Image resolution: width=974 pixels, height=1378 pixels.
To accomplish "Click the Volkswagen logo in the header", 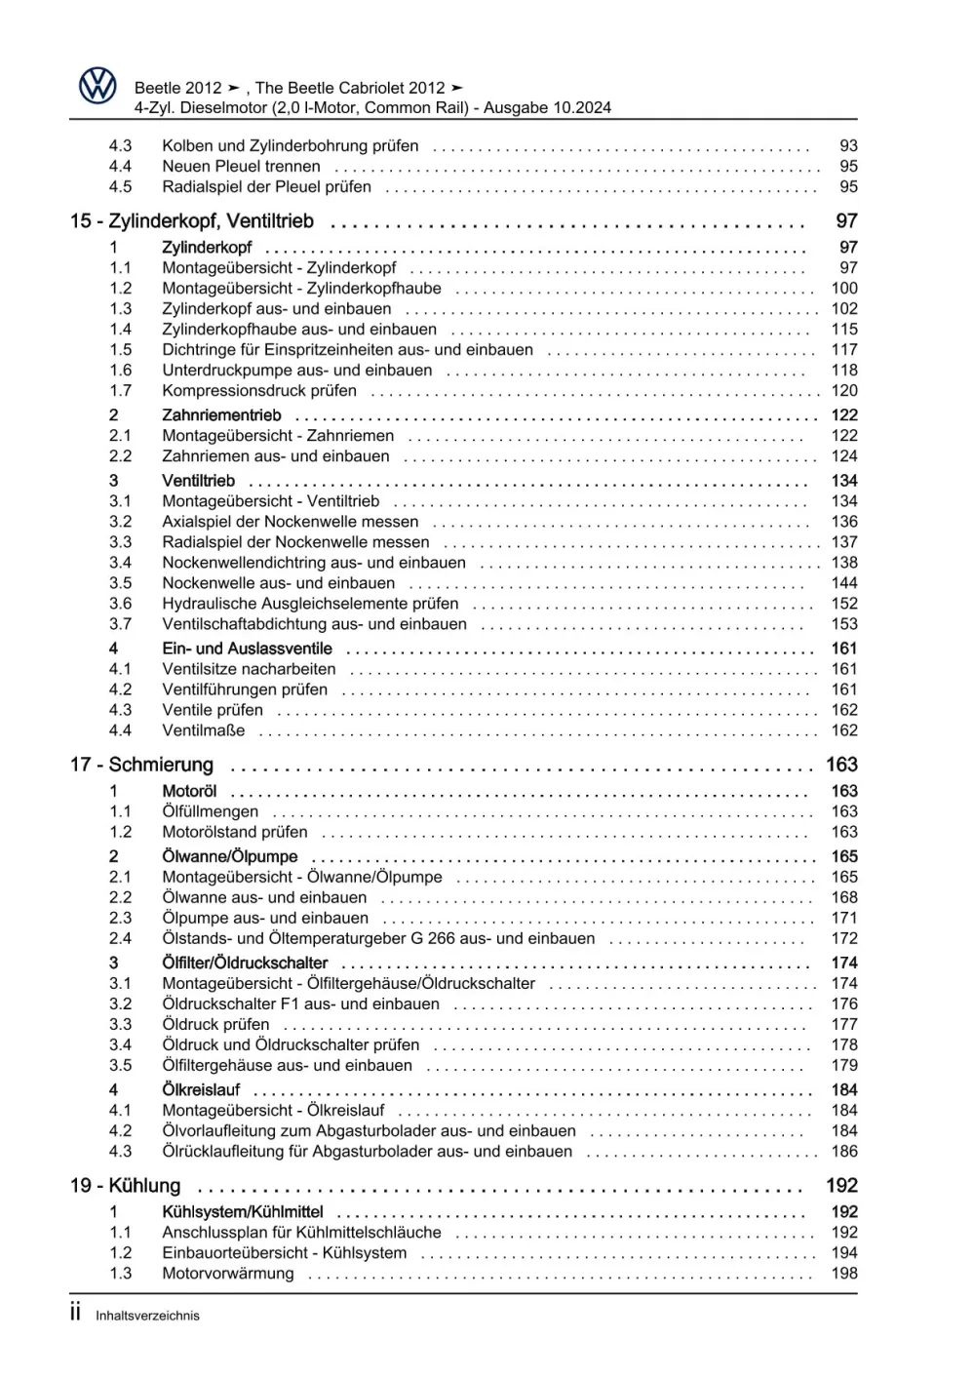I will (x=97, y=86).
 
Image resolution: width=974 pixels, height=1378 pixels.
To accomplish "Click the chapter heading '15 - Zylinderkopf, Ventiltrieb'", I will (x=192, y=221).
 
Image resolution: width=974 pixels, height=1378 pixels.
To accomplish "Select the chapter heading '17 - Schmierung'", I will (x=141, y=765).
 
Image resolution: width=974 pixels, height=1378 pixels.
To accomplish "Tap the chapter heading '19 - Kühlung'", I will (x=126, y=1186).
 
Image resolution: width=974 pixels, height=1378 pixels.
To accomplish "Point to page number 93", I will (x=848, y=145).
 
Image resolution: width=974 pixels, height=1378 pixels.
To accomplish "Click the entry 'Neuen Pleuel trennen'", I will (x=241, y=166).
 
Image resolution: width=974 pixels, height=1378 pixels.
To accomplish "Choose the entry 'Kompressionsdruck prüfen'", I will (x=259, y=390).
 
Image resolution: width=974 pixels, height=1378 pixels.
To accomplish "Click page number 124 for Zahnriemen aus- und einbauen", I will (x=844, y=455).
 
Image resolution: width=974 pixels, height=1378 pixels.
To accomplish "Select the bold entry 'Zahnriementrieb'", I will (x=221, y=414).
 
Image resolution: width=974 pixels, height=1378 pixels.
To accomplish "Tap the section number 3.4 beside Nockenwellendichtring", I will (x=120, y=562).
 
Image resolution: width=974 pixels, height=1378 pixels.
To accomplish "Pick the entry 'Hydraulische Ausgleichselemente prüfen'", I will (x=310, y=603).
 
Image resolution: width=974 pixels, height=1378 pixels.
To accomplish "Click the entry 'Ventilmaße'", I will (x=204, y=729).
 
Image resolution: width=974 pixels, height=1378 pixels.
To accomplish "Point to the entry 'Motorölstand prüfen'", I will (x=235, y=832).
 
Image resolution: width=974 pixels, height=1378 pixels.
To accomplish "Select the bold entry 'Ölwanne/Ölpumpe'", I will (x=230, y=856).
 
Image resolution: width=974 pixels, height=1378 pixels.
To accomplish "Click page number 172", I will (x=844, y=938).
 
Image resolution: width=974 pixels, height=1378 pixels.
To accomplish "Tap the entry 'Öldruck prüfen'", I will (x=215, y=1024).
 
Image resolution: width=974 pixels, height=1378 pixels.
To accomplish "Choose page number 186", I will (x=844, y=1151).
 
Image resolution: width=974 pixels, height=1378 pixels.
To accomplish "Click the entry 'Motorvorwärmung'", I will (x=228, y=1273).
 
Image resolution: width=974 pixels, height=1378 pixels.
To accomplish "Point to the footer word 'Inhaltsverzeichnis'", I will (x=147, y=1316).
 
